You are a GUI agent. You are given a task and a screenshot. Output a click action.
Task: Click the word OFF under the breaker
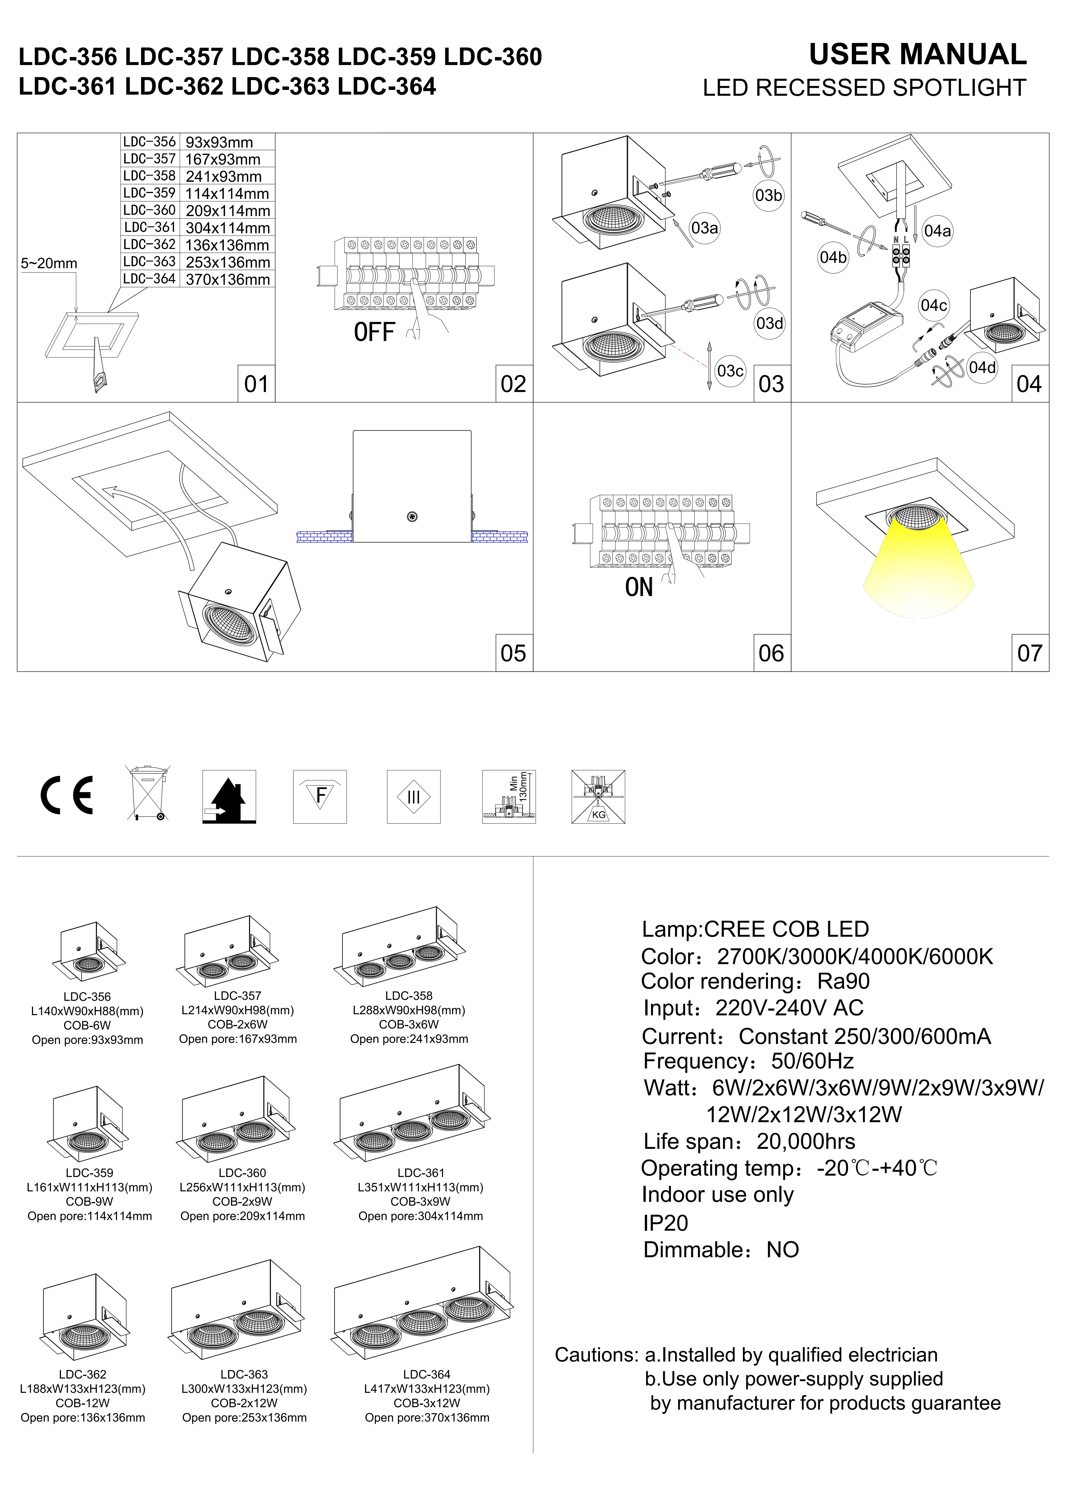(x=374, y=332)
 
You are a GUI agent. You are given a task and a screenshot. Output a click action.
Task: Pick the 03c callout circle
(x=730, y=371)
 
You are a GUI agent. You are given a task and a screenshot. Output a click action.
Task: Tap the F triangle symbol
(x=320, y=796)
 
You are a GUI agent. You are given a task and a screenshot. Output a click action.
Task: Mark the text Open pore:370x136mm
(x=427, y=1417)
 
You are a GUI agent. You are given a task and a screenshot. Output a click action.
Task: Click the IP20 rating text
(x=665, y=1223)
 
